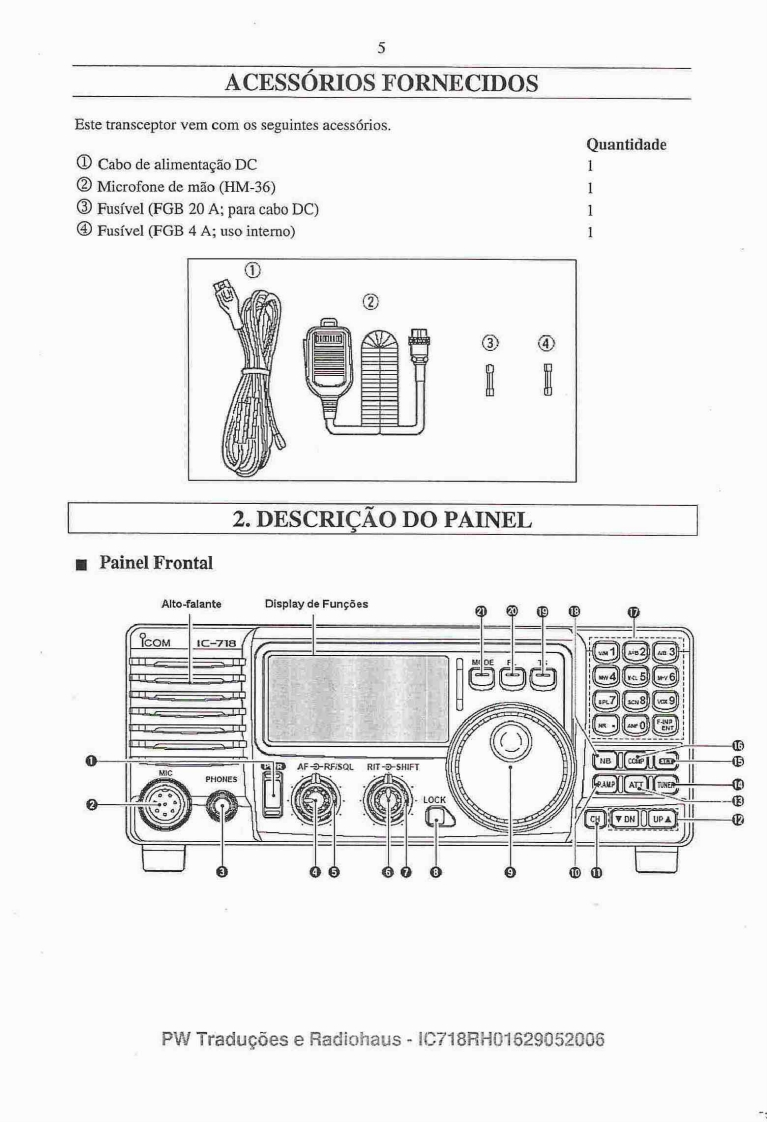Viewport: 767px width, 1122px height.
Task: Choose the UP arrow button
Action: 662,818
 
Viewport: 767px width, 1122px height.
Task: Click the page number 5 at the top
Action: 382,47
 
